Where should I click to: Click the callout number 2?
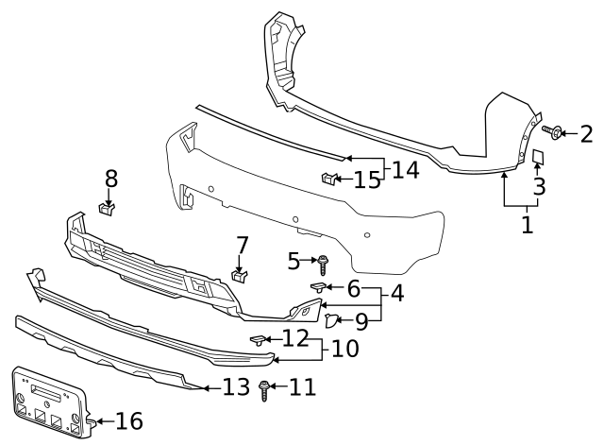pyautogui.click(x=586, y=133)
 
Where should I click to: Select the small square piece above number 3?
pyautogui.click(x=537, y=156)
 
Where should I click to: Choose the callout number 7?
pyautogui.click(x=243, y=246)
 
